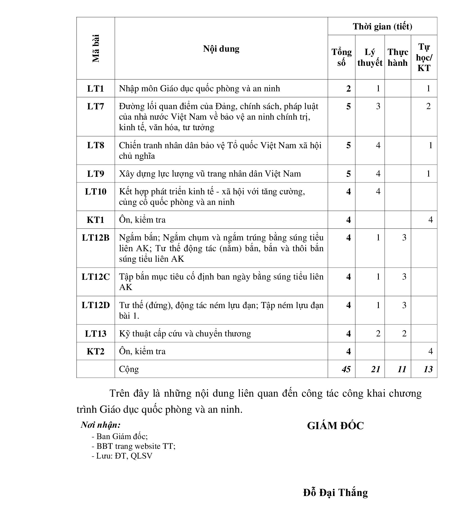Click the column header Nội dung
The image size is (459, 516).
pyautogui.click(x=221, y=49)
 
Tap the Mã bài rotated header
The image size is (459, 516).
pyautogui.click(x=96, y=49)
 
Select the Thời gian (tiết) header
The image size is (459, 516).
pyautogui.click(x=382, y=26)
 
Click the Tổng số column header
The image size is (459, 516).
pyautogui.click(x=341, y=57)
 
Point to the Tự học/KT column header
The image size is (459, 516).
pyautogui.click(x=424, y=57)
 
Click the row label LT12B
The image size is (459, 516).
pyautogui.click(x=96, y=238)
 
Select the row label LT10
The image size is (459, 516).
pyautogui.click(x=96, y=192)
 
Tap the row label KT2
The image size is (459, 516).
pyautogui.click(x=96, y=351)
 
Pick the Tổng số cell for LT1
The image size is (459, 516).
pyautogui.click(x=349, y=89)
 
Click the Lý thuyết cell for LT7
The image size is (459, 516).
pyautogui.click(x=378, y=106)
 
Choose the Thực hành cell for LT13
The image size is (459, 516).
pyautogui.click(x=404, y=333)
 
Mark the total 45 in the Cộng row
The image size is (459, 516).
pyautogui.click(x=346, y=369)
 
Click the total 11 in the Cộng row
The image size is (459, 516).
pyautogui.click(x=402, y=369)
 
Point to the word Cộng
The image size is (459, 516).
pyautogui.click(x=129, y=369)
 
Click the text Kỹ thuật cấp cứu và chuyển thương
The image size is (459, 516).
pyautogui.click(x=185, y=333)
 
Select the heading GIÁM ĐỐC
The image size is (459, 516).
pyautogui.click(x=335, y=426)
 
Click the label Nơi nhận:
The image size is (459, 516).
pyautogui.click(x=100, y=425)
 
